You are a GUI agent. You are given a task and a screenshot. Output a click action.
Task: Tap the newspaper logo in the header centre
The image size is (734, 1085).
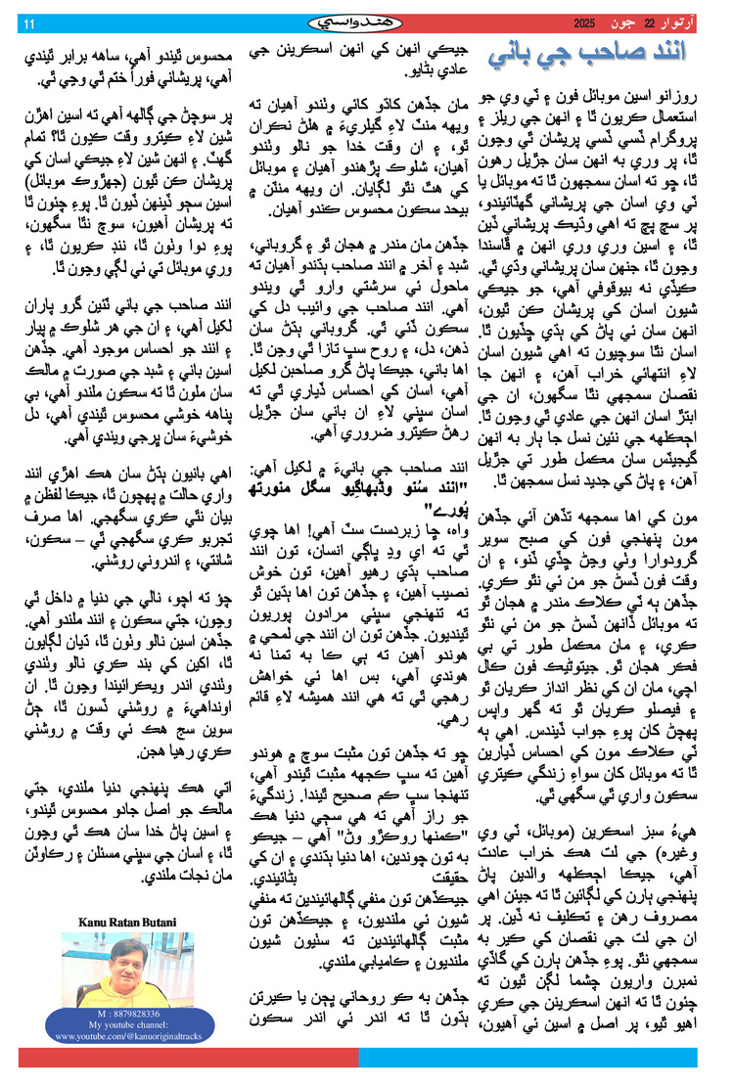(366, 22)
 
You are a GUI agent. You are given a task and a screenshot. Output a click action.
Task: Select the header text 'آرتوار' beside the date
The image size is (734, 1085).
(685, 23)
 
